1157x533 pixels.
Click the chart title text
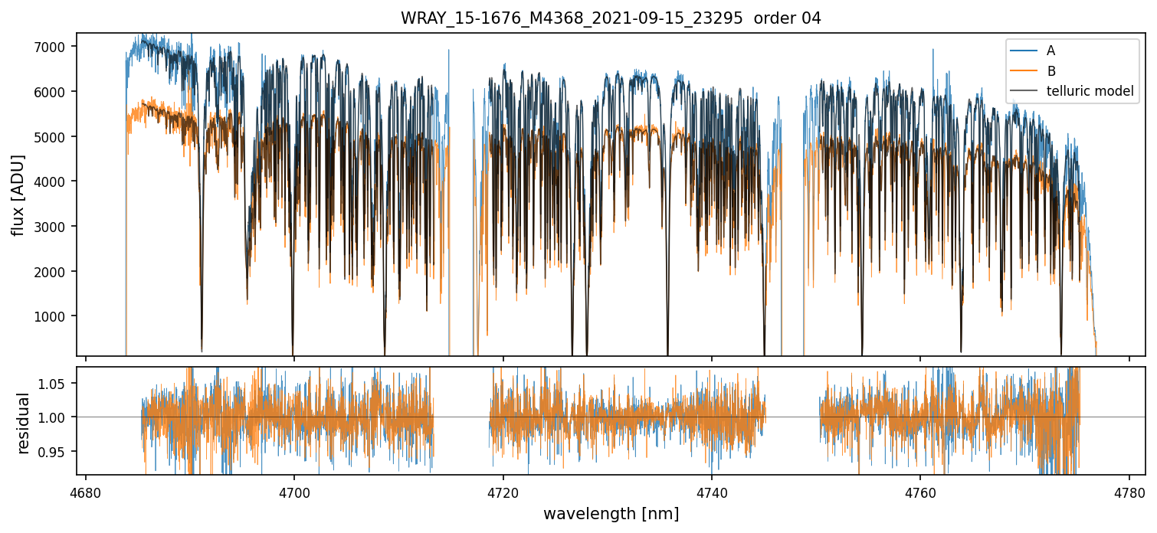611,18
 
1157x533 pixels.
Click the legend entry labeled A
1050,51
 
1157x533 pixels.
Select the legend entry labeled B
1050,71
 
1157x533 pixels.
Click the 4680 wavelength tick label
86,491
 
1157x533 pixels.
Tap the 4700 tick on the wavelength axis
294,491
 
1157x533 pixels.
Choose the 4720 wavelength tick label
503,491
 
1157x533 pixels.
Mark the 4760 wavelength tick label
920,491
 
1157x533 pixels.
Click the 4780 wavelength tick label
1129,491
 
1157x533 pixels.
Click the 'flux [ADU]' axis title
18,195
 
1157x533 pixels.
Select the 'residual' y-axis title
23,423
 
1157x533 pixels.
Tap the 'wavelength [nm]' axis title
611,514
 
